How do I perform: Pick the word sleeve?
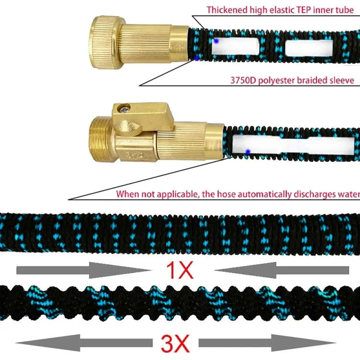[342, 81]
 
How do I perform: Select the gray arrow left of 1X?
[81, 270]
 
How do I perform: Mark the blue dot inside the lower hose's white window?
[247, 151]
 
